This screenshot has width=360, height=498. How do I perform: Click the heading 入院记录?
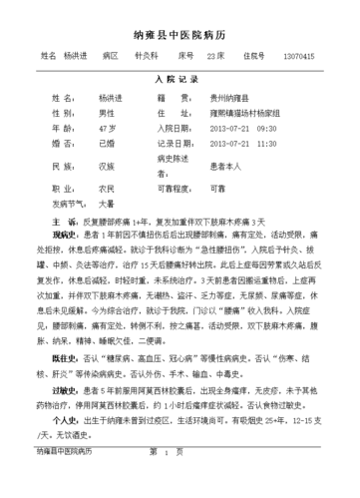pyautogui.click(x=180, y=77)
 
